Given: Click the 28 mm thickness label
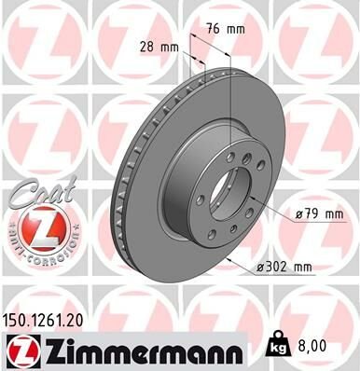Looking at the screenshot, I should tap(156, 47).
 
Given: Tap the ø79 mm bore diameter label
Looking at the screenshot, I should tap(319, 215).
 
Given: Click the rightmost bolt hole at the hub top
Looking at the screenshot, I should tap(243, 167).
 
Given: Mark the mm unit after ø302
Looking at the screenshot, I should tap(303, 267).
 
